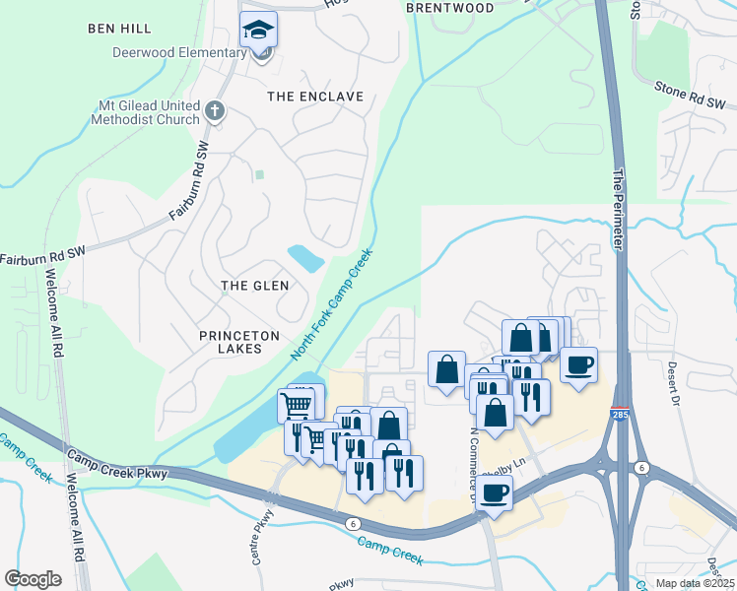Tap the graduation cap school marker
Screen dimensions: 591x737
pos(259,30)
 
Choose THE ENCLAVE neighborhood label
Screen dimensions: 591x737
pos(315,97)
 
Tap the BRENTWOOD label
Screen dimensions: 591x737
pos(450,8)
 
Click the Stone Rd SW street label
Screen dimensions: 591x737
pos(690,96)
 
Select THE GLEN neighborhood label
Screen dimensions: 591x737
pos(255,286)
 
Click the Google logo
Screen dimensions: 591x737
pos(33,579)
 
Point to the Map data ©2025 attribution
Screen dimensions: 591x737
pos(694,583)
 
